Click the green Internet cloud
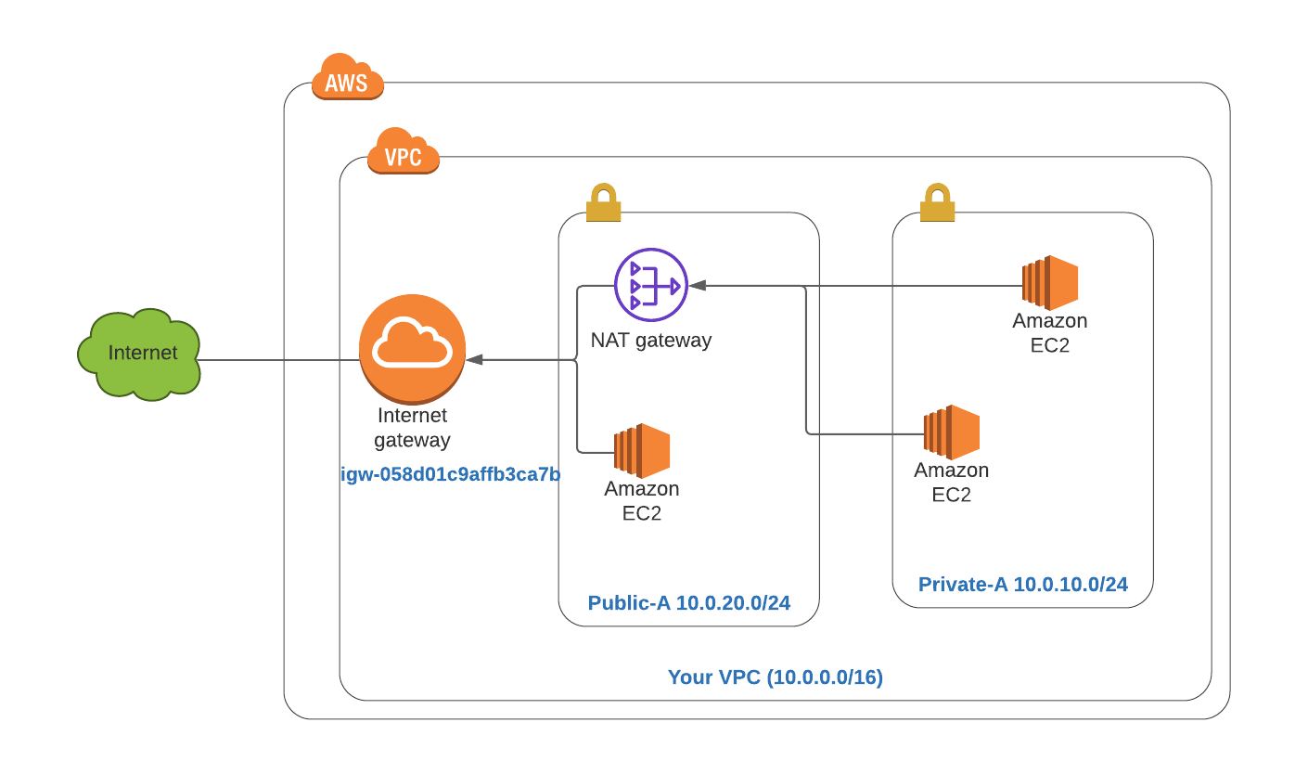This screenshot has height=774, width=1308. click(x=140, y=355)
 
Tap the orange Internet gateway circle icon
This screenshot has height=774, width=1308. click(x=412, y=348)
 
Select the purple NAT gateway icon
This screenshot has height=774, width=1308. click(x=651, y=285)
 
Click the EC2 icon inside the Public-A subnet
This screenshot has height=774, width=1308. click(x=642, y=451)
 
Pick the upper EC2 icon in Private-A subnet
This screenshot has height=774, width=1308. click(x=1050, y=283)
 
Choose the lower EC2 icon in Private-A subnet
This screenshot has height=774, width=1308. click(x=952, y=432)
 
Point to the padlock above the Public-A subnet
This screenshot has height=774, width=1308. click(x=603, y=203)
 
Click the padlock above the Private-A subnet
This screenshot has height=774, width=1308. click(x=937, y=203)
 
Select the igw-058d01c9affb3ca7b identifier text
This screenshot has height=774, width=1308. click(x=451, y=475)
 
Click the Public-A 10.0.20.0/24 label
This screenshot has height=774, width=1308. click(x=689, y=603)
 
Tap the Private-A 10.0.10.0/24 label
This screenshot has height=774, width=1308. click(x=1023, y=585)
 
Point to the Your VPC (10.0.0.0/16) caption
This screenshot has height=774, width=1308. click(x=776, y=677)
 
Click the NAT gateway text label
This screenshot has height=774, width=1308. click(x=651, y=340)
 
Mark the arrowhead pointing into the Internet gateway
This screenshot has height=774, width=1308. click(x=474, y=359)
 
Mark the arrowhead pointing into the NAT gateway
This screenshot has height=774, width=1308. click(x=696, y=286)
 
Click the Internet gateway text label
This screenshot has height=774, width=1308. click(x=412, y=428)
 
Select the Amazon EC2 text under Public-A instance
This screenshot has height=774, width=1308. click(x=642, y=501)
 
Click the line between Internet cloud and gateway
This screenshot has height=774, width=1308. click(x=278, y=360)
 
